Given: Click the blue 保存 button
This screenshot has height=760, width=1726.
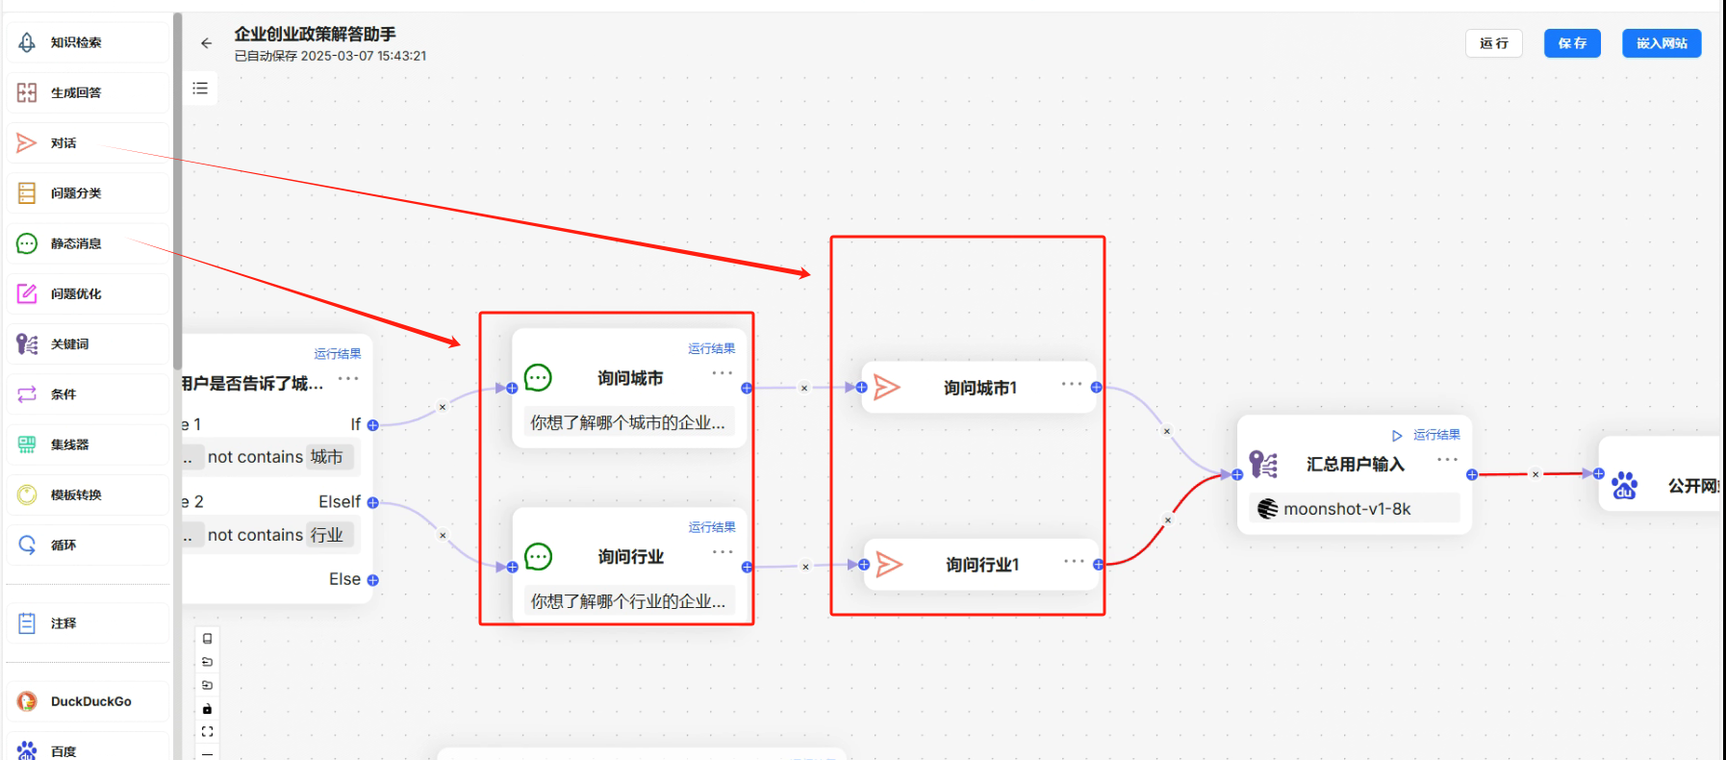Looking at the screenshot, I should click(x=1572, y=43).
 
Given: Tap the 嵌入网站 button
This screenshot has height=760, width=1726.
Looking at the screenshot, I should click(x=1661, y=43).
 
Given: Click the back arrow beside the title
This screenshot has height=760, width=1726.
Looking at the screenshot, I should click(x=206, y=43).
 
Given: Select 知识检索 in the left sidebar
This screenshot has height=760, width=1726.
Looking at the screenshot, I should click(x=76, y=42).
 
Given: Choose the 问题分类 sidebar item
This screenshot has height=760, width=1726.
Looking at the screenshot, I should click(x=76, y=193).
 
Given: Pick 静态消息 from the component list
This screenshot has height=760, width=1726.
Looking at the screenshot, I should click(x=76, y=243).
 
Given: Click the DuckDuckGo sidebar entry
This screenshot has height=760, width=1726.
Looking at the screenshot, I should click(x=90, y=701).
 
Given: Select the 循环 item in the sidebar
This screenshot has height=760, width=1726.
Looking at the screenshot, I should click(x=63, y=545).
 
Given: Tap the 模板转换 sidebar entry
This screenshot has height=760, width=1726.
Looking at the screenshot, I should click(x=76, y=494).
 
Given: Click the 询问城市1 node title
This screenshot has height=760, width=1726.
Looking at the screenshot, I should click(x=979, y=388).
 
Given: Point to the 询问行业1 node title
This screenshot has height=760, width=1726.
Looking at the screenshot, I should click(x=981, y=565).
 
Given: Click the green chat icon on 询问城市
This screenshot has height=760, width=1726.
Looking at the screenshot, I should click(x=538, y=378).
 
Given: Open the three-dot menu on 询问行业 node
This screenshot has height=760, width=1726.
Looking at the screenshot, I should click(x=723, y=552).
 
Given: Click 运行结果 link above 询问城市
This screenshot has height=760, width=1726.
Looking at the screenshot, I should click(x=711, y=348).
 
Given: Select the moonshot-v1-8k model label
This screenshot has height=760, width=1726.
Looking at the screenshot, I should click(x=1346, y=509).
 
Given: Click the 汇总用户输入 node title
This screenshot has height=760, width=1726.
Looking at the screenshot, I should click(x=1355, y=465).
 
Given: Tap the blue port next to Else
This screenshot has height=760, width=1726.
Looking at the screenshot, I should click(x=373, y=580).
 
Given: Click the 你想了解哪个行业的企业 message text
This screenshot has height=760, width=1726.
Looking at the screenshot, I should click(x=627, y=601).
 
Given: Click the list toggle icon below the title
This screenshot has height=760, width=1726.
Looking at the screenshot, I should click(x=200, y=89).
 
